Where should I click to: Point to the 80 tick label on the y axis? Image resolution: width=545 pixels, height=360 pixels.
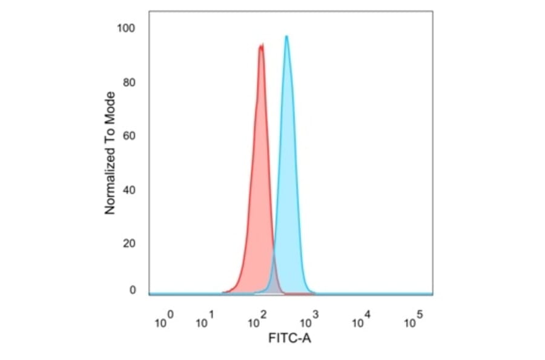[x=128, y=82]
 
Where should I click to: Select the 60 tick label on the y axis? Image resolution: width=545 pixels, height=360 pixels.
[x=128, y=136]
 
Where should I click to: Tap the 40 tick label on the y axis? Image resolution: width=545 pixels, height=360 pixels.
[x=128, y=190]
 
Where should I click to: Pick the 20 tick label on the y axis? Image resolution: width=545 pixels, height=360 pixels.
[x=128, y=244]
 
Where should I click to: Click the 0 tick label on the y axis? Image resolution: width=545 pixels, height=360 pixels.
[x=131, y=290]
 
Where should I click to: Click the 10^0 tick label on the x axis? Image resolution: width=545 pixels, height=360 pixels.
[x=164, y=321]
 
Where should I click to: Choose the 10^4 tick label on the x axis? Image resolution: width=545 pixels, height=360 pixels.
[x=362, y=321]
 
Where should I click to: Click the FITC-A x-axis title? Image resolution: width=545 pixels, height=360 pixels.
[x=289, y=339]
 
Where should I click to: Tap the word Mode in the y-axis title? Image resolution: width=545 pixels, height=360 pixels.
[x=110, y=106]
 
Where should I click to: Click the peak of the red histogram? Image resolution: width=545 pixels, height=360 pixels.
[x=261, y=45]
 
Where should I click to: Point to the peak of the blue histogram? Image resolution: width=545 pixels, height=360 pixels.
[x=286, y=36]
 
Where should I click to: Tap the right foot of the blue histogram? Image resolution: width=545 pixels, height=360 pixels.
[x=313, y=292]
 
